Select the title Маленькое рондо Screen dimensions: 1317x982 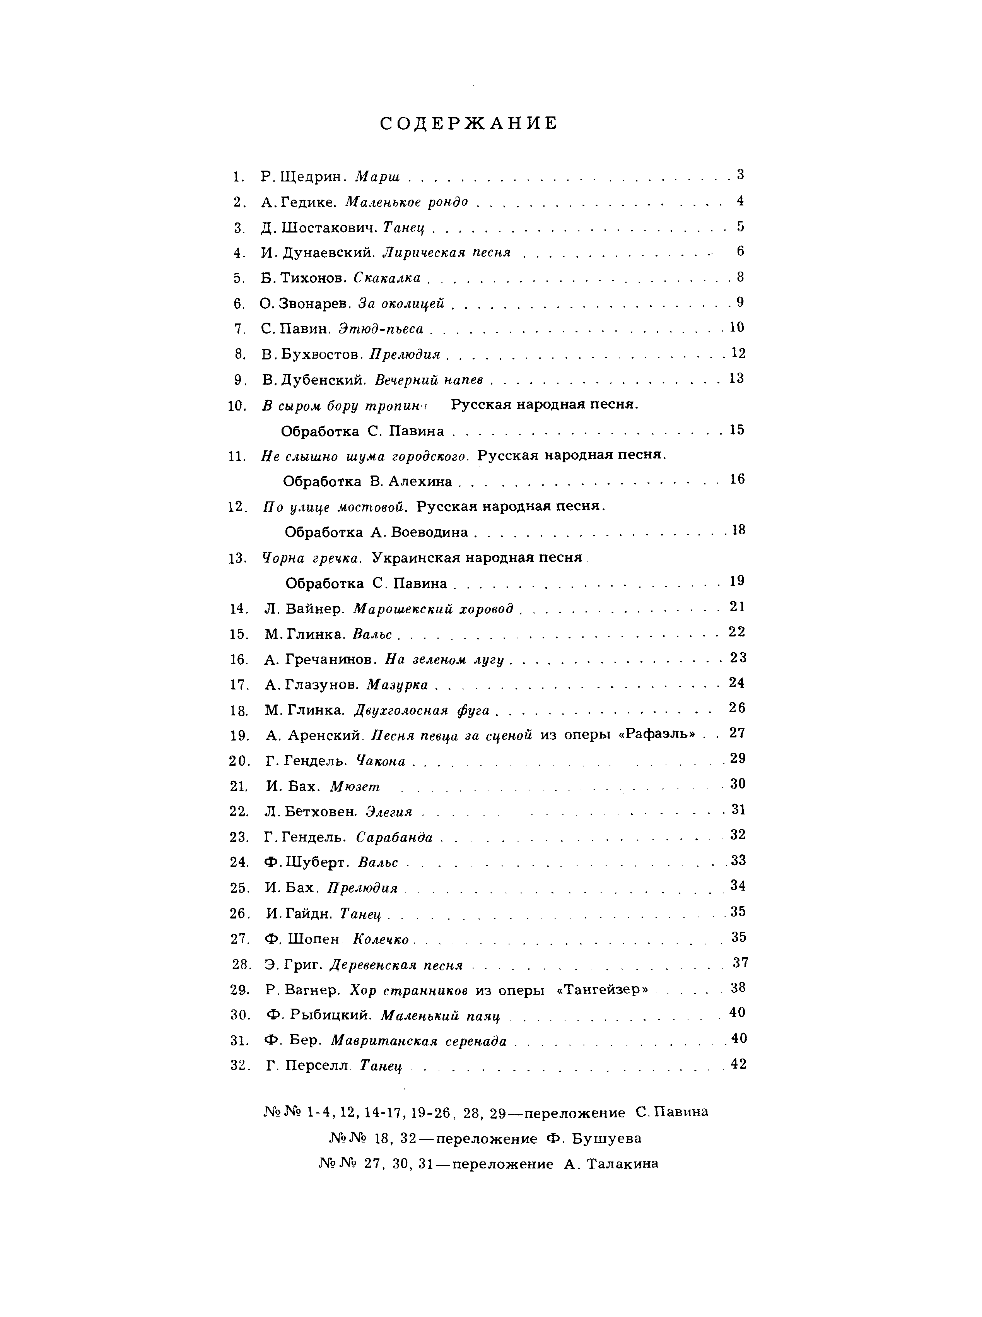coord(406,202)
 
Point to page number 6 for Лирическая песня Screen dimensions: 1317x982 coord(740,251)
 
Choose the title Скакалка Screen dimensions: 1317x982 coord(387,278)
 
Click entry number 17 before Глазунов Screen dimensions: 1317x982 coord(238,685)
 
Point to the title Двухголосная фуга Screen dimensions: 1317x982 coord(422,710)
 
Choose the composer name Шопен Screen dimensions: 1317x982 coord(313,939)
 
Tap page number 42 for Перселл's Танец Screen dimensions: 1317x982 coord(738,1064)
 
